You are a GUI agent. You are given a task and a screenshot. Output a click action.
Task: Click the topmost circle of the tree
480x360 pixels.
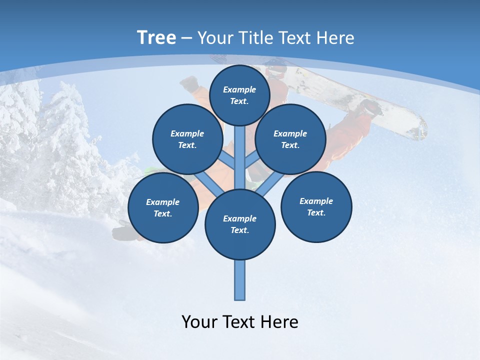tap(239, 95)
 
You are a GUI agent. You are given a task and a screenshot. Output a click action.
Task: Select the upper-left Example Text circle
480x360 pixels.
tap(187, 139)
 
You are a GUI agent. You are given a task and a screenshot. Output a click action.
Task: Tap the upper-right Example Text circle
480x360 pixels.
tap(290, 139)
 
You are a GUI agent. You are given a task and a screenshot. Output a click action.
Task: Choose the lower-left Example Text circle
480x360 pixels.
tap(163, 207)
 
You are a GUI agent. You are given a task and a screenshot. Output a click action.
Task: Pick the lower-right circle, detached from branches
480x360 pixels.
tap(316, 206)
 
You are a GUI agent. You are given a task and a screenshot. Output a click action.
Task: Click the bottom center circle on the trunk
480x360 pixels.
tap(240, 224)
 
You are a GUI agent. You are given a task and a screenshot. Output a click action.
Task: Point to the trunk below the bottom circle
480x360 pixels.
tap(240, 280)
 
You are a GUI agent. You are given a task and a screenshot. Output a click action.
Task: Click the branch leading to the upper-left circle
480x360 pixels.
tap(227, 160)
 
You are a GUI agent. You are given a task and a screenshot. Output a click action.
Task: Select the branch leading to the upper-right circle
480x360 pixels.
tap(251, 160)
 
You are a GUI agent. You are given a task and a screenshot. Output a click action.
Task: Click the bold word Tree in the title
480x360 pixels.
tap(156, 37)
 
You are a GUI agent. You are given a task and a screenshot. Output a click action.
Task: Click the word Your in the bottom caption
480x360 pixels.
tap(199, 322)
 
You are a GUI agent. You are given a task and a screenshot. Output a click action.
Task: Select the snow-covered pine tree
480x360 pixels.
tap(65, 135)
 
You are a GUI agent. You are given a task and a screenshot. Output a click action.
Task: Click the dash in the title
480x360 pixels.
tap(187, 38)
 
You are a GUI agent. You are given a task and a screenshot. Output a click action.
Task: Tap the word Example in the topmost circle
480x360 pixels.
tap(239, 90)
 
